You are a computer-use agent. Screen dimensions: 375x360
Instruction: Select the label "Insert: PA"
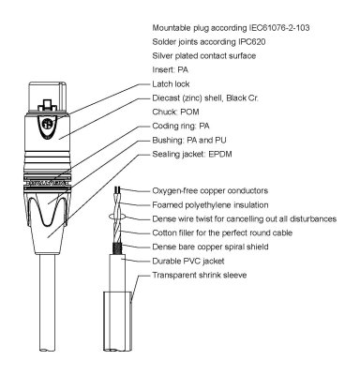(169, 68)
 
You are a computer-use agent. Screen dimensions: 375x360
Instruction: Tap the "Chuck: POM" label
(173, 111)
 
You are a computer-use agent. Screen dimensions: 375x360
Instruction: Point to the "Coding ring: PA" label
(180, 125)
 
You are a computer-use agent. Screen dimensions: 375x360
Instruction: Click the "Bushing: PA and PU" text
(187, 139)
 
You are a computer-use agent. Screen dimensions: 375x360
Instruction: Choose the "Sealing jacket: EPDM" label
(191, 153)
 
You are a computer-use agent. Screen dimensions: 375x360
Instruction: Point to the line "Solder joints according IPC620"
(208, 40)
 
